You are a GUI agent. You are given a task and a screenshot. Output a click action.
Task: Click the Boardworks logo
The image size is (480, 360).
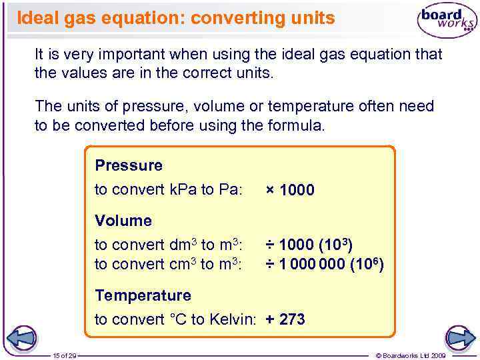point(446,20)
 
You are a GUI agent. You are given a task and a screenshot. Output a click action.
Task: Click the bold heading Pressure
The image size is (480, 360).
point(129,165)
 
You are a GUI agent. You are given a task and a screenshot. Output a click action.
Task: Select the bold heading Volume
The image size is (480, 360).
point(123,220)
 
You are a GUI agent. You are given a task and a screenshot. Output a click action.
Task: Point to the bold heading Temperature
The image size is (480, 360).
point(143,295)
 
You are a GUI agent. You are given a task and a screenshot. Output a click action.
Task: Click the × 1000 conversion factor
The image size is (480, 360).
point(290,190)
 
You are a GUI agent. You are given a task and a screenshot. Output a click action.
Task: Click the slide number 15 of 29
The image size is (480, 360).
point(65,355)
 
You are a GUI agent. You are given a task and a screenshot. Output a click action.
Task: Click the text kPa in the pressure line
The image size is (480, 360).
point(182,190)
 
